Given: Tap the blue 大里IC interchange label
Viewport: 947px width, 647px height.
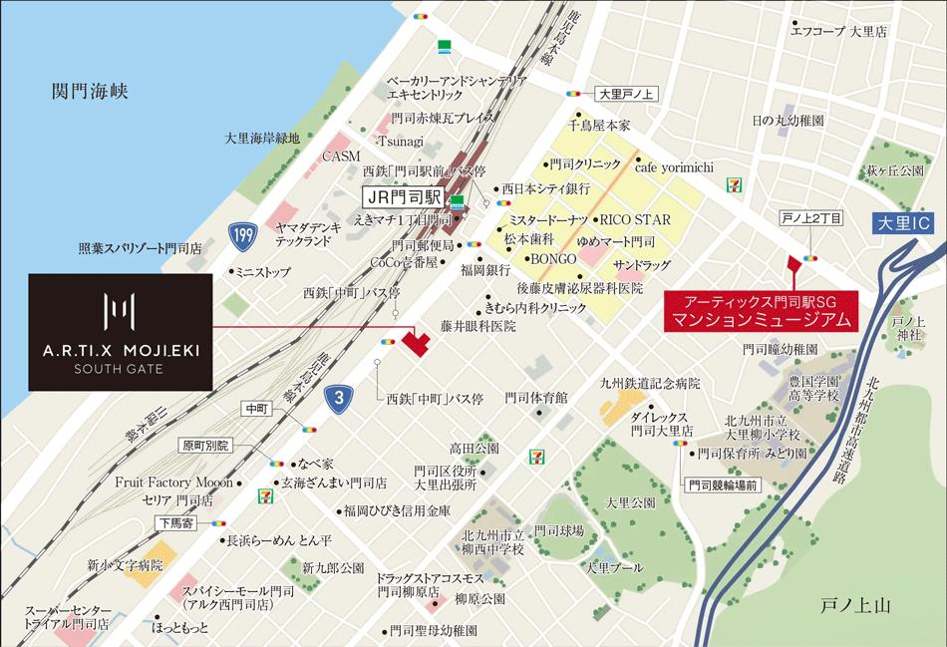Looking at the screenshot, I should tap(905, 223).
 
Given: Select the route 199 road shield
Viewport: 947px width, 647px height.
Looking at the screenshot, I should tap(239, 234).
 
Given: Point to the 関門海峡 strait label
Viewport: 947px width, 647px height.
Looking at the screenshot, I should tap(91, 92).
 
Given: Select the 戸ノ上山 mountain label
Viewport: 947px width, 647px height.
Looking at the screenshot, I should tap(853, 605).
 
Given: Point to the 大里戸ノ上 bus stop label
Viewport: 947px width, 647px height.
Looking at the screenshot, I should tap(624, 95).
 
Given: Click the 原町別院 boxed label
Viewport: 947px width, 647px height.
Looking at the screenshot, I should tap(205, 445).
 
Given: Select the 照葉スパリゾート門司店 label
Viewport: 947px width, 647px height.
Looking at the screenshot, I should tap(141, 248).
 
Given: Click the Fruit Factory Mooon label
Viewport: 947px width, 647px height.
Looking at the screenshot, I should tap(173, 481).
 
